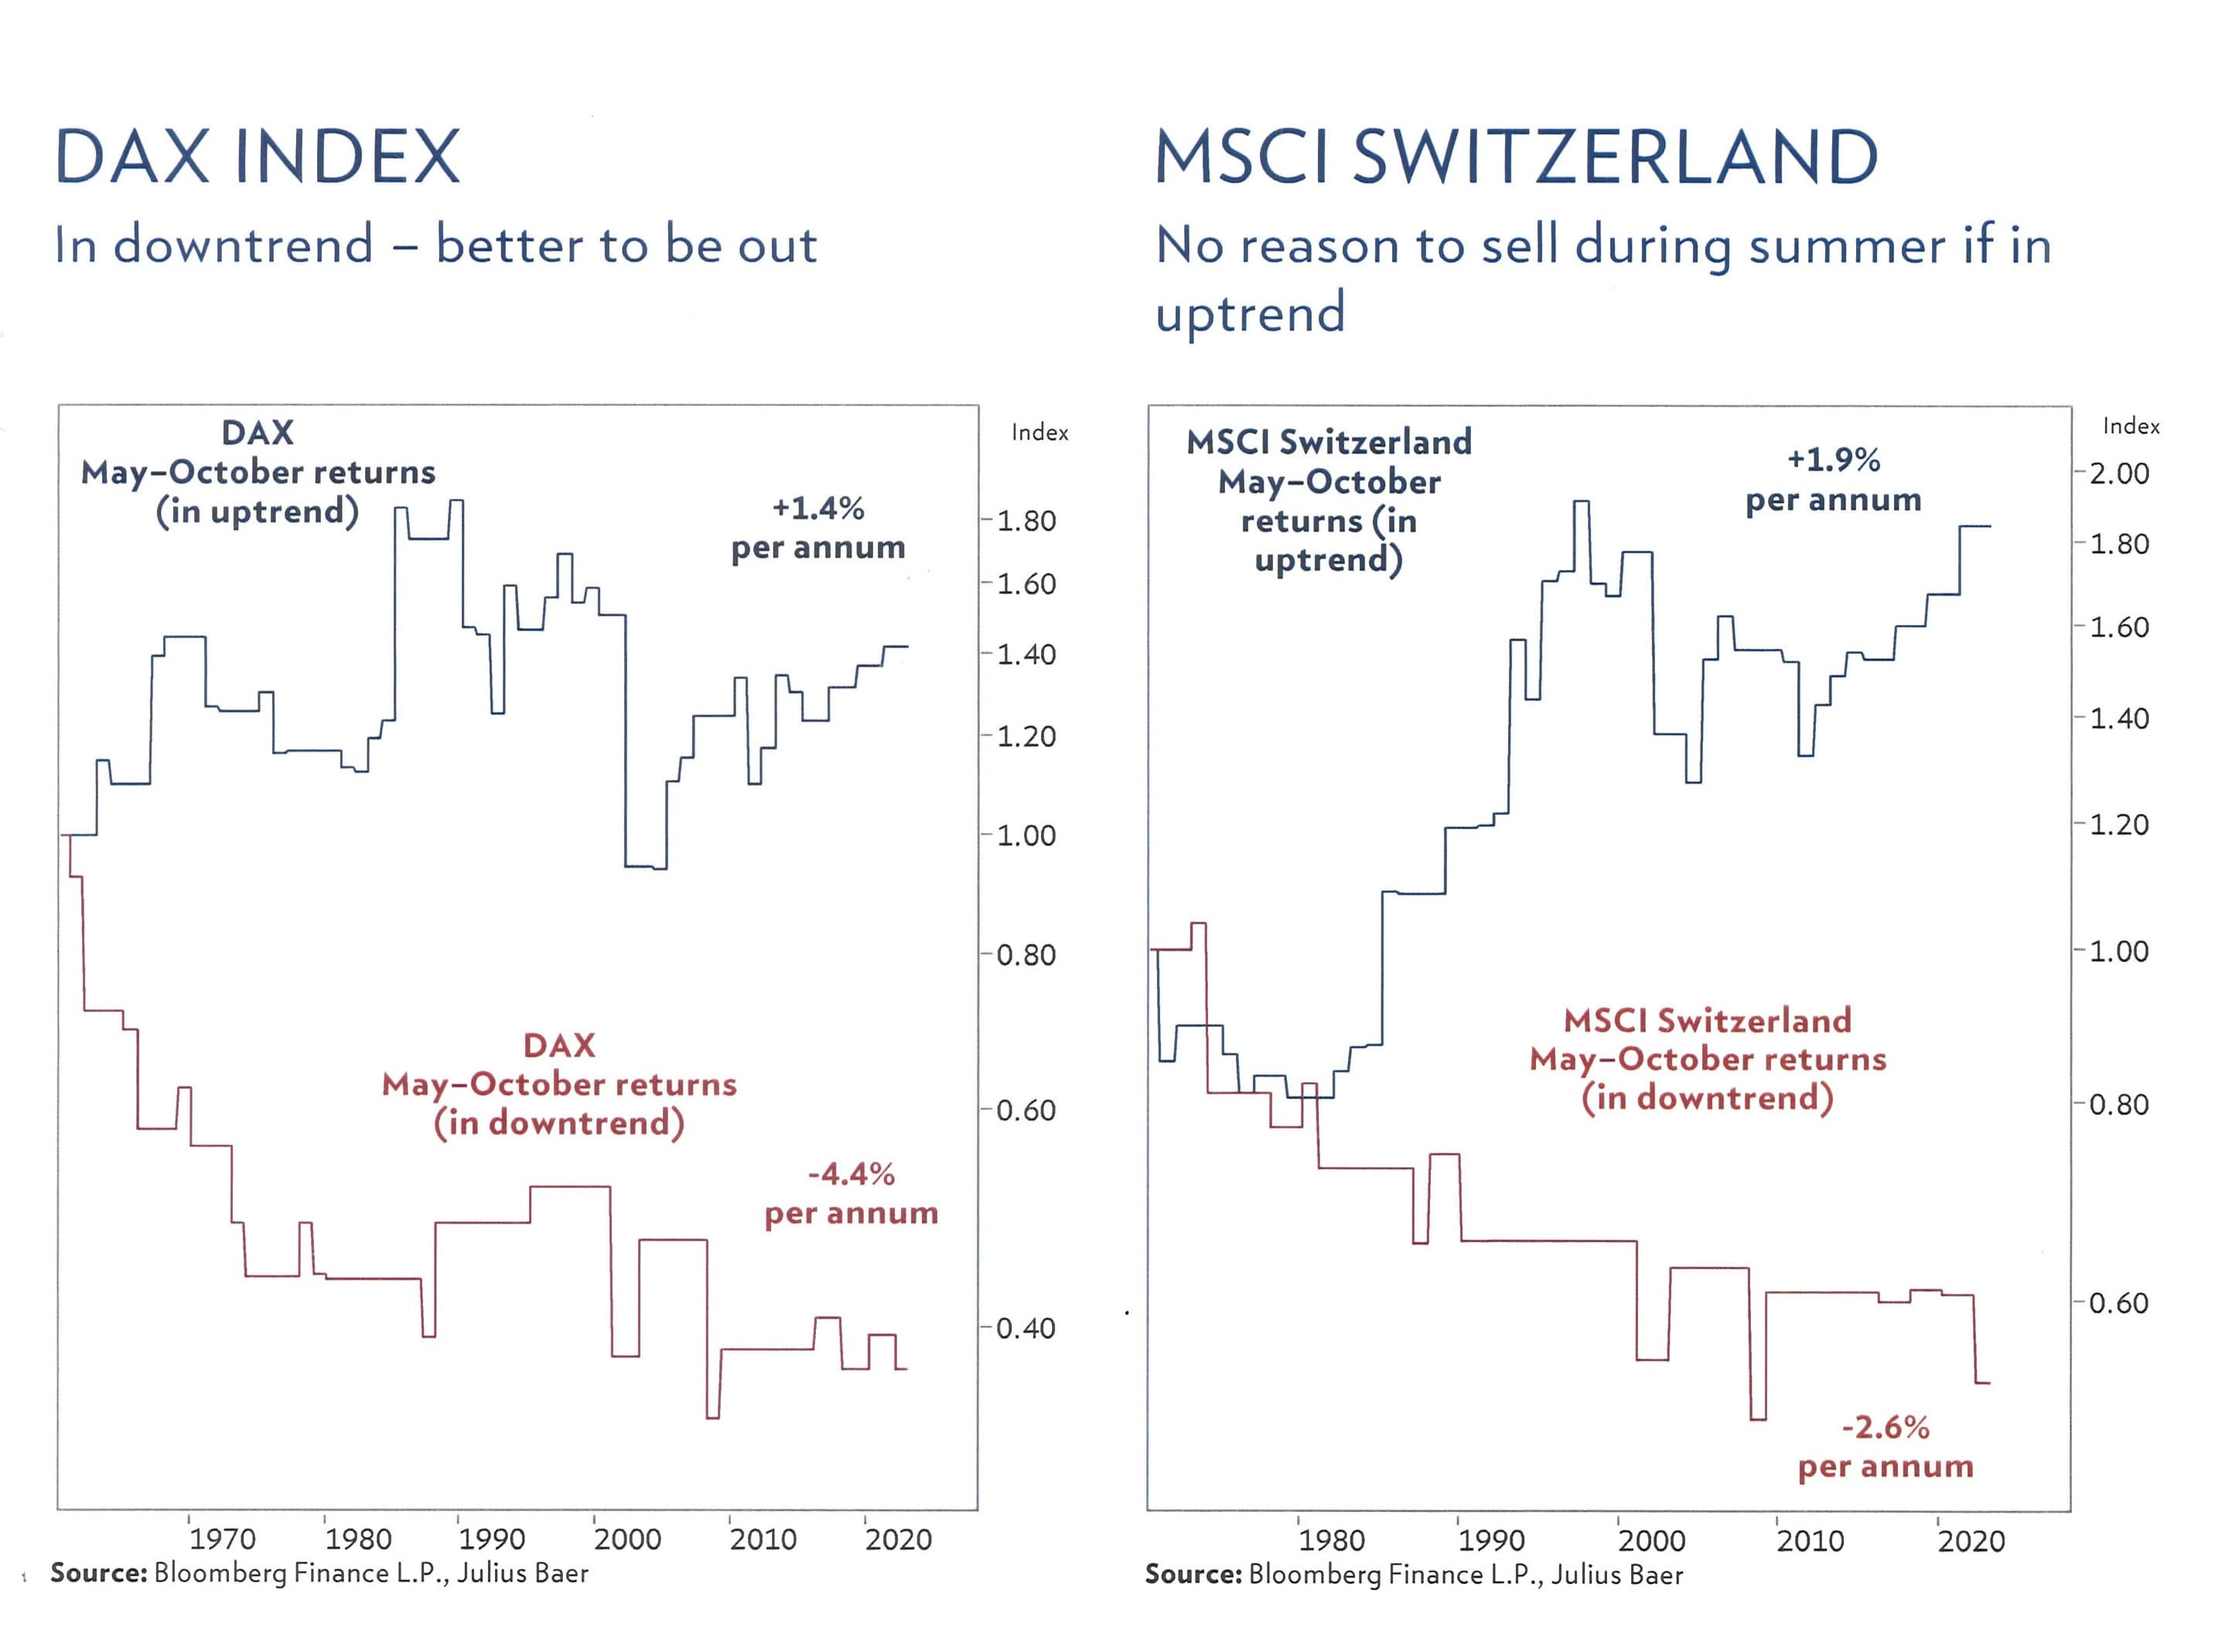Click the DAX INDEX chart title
click(257, 157)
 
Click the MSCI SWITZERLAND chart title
click(1514, 157)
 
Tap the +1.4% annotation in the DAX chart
click(817, 508)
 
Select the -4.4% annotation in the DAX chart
click(851, 1174)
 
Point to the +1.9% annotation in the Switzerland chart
click(1833, 459)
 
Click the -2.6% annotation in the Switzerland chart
click(1885, 1427)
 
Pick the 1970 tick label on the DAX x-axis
click(222, 1539)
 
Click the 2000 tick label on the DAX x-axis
click(627, 1539)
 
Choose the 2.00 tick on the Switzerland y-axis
click(2118, 473)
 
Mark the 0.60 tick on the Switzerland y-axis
click(2118, 1303)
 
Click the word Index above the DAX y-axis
click(1039, 432)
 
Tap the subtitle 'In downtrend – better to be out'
click(435, 245)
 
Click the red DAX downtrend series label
click(559, 1084)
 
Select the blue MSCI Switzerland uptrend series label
click(1328, 501)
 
